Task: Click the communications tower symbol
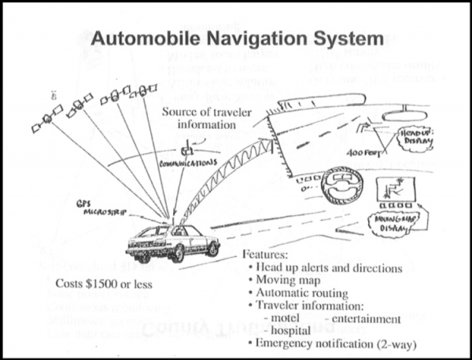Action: [x=187, y=148]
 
